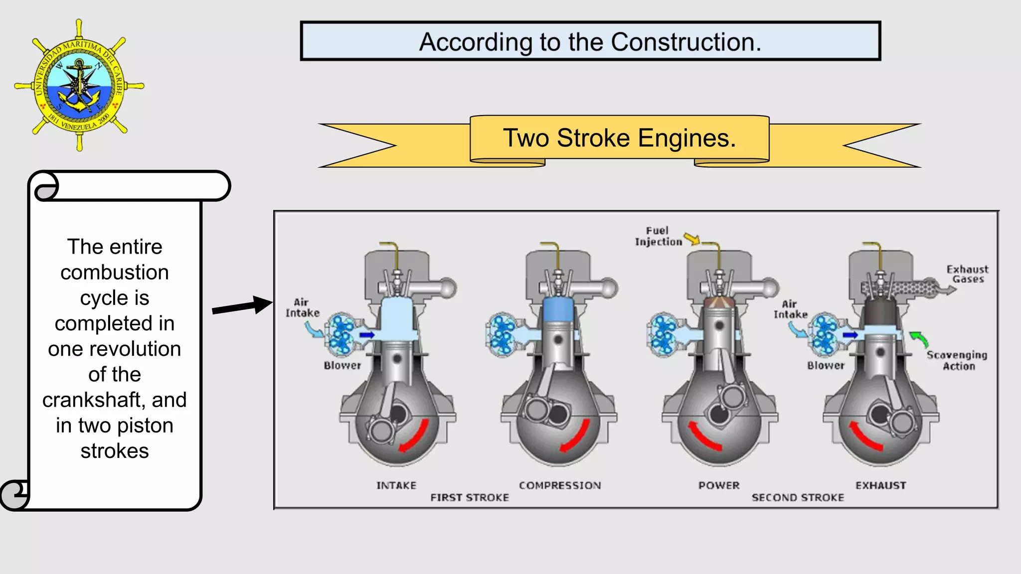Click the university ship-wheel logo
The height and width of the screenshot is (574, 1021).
(79, 85)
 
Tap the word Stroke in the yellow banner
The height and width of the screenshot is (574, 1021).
(593, 138)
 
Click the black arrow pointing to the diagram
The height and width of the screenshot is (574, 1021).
(242, 306)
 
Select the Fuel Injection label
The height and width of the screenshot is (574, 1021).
(658, 236)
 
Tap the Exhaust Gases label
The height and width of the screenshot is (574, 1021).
(967, 274)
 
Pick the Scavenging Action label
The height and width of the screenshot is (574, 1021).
(957, 360)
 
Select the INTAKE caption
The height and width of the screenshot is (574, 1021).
(396, 485)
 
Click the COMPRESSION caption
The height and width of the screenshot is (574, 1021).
(560, 485)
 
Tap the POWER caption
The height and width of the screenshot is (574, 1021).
(719, 485)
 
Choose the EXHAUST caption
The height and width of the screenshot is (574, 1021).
(881, 485)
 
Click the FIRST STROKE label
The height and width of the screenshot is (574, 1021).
(470, 497)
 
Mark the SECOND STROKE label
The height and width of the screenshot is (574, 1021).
(798, 497)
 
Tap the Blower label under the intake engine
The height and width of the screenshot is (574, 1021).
(342, 365)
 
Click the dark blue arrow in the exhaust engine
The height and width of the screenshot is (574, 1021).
(850, 335)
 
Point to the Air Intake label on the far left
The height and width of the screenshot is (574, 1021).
(302, 307)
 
